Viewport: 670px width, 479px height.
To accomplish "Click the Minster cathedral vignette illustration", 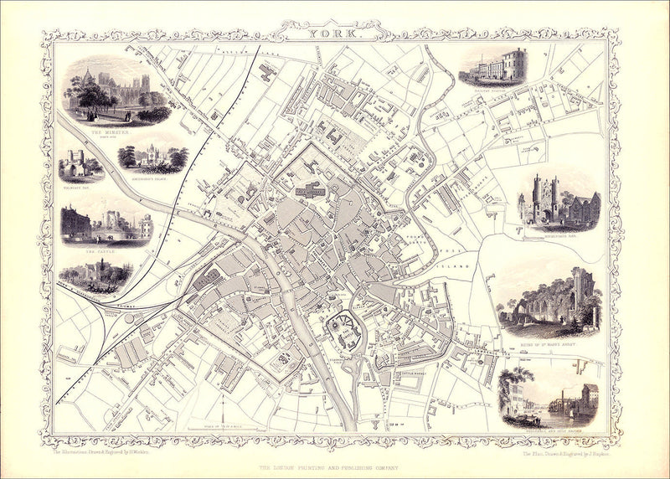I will [117, 94].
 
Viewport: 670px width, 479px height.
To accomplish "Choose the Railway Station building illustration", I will [492, 67].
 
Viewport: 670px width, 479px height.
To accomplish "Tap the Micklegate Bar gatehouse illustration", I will [558, 202].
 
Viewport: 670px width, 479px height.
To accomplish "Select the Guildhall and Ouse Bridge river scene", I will [549, 397].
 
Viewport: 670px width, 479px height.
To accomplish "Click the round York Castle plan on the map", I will [343, 328].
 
